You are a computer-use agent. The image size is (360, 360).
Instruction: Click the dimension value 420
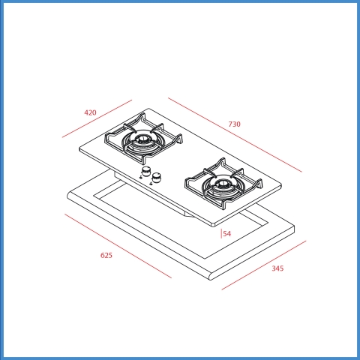(x=90, y=112)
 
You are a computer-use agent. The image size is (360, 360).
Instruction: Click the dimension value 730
(x=234, y=124)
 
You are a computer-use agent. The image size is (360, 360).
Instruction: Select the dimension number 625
(x=106, y=255)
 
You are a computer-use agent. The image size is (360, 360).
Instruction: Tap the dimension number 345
(x=277, y=268)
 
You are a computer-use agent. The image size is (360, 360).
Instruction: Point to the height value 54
(x=227, y=234)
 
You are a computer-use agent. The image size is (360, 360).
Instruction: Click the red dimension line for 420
(x=97, y=118)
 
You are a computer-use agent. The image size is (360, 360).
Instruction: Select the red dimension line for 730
(x=235, y=135)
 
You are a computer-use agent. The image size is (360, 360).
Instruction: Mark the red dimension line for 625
(x=118, y=246)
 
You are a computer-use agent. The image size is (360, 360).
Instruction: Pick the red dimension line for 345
(x=264, y=265)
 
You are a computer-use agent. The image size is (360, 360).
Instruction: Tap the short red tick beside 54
(x=221, y=234)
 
